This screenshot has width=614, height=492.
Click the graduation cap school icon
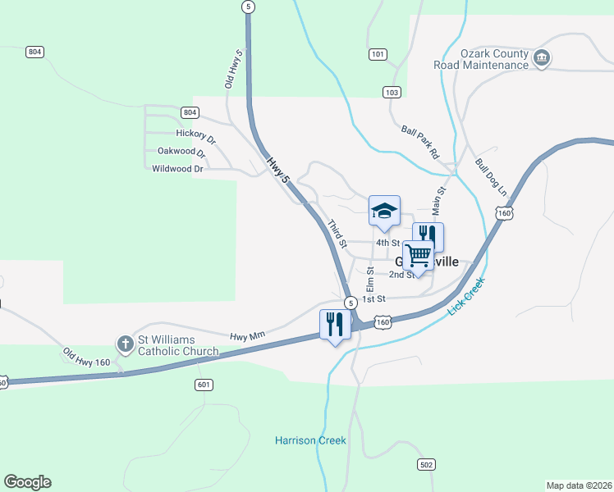click(384, 211)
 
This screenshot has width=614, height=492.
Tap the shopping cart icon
click(418, 256)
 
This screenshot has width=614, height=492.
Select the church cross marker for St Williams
click(126, 344)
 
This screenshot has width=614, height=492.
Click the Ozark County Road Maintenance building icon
click(541, 58)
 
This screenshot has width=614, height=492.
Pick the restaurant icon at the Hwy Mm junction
click(335, 324)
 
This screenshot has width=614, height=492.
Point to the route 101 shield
click(377, 55)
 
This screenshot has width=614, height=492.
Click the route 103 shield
click(392, 92)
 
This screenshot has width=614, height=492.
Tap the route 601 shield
click(204, 384)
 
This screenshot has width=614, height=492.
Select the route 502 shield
click(425, 465)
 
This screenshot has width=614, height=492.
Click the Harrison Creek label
click(310, 440)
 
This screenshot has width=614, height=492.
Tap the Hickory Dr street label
click(195, 133)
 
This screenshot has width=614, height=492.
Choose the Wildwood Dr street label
click(177, 169)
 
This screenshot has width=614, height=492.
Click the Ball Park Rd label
click(421, 142)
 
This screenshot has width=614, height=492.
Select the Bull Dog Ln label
click(490, 175)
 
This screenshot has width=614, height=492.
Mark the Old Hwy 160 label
click(86, 358)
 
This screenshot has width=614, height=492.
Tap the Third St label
click(337, 234)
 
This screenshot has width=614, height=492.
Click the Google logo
click(27, 482)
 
